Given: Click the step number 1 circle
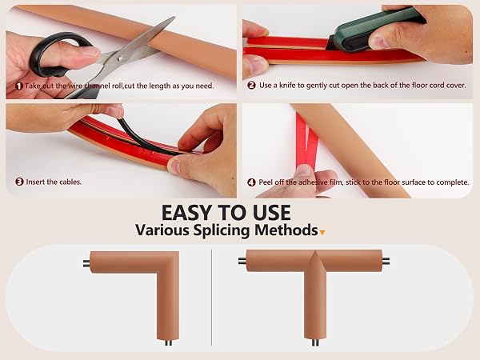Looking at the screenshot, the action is click(x=19, y=86).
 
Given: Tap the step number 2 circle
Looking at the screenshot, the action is click(x=251, y=85).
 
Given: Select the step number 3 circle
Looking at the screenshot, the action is click(x=19, y=182).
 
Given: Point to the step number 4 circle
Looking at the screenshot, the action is click(x=251, y=182).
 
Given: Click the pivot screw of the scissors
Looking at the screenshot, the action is click(x=120, y=58).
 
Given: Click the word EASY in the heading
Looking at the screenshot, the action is click(x=186, y=213).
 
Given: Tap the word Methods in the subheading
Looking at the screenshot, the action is click(x=286, y=230).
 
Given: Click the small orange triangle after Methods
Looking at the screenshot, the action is click(x=322, y=233).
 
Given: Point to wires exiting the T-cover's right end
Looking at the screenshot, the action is click(x=386, y=262).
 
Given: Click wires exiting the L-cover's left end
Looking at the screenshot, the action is click(x=86, y=263).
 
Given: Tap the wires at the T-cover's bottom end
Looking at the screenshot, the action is click(x=315, y=343).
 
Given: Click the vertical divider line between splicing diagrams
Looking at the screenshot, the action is click(x=211, y=298).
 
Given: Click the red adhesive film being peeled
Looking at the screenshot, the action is click(x=307, y=141).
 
